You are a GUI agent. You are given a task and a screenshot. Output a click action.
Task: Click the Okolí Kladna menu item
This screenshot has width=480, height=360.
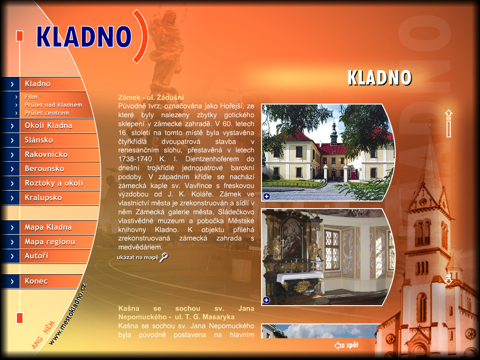click(x=48, y=126)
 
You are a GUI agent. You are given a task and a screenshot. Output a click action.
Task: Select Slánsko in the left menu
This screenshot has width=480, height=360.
click(x=39, y=140)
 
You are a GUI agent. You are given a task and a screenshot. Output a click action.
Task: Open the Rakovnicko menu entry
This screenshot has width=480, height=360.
click(x=46, y=155)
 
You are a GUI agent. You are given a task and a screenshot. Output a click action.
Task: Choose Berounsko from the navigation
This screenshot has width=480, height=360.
click(x=45, y=169)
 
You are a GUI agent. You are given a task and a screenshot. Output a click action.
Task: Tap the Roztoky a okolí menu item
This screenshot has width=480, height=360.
click(x=54, y=183)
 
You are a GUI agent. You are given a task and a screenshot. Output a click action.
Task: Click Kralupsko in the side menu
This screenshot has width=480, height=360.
click(x=43, y=198)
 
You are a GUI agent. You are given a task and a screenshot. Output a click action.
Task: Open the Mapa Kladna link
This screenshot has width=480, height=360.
click(x=48, y=227)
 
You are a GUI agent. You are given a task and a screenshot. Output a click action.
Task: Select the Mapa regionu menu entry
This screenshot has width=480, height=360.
click(x=50, y=242)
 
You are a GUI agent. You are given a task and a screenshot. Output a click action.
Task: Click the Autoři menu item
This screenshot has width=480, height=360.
click(x=37, y=255)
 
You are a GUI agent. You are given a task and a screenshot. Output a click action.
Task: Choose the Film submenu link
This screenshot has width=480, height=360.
click(x=31, y=97)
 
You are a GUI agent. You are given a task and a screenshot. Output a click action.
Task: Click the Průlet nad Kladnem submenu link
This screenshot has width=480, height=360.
click(x=53, y=105)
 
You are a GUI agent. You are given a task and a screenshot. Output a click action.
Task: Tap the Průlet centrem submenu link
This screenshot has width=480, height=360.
click(x=47, y=113)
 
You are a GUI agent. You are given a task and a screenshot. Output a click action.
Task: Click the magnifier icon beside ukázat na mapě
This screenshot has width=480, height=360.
click(x=164, y=257)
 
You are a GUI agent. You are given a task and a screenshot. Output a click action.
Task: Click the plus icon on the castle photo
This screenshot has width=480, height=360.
click(x=267, y=196)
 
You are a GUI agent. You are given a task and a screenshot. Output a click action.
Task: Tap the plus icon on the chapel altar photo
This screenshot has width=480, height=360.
click(x=266, y=300)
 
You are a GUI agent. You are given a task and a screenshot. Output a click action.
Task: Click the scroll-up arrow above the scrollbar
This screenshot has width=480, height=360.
click(x=449, y=114)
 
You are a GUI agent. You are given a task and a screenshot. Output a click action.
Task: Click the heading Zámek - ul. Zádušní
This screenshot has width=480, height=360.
click(x=151, y=97)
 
